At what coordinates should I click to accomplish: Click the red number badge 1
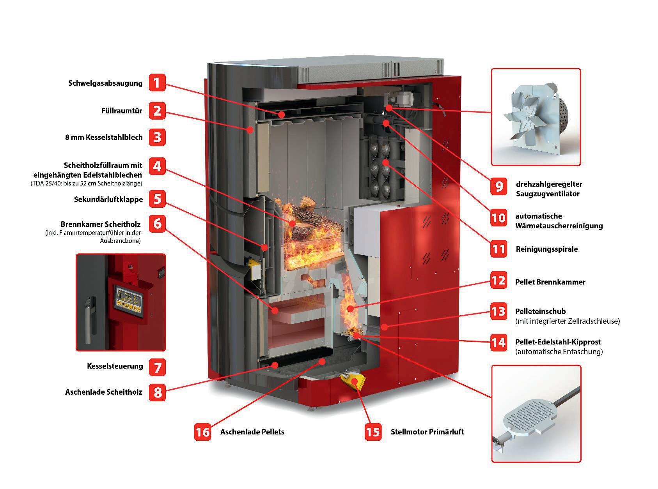point(157,83)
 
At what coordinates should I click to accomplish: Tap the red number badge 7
point(157,367)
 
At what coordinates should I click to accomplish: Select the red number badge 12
point(498,281)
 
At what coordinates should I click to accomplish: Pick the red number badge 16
point(203,432)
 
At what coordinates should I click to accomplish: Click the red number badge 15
point(373,432)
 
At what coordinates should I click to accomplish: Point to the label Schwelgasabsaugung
point(105,83)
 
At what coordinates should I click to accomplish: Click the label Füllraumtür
point(122,111)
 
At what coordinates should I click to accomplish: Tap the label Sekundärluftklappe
point(108,199)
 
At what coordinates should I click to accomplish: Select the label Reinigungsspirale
point(546,249)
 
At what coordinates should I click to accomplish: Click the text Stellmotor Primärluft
point(427,432)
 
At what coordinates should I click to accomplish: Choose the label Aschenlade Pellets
point(252,432)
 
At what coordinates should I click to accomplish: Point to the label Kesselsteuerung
point(115,367)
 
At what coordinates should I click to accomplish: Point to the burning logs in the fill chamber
point(308,234)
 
